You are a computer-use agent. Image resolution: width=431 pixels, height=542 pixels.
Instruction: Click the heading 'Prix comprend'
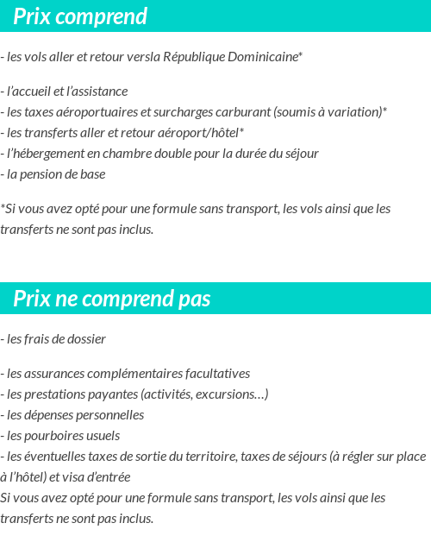click(x=80, y=16)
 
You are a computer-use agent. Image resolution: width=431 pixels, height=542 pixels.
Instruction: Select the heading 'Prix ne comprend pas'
click(x=112, y=299)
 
